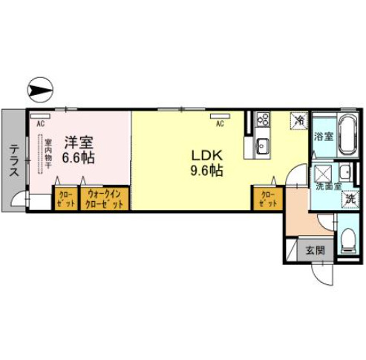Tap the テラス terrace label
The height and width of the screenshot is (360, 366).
click(14, 158)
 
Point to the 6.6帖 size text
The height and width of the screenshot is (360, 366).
click(78, 157)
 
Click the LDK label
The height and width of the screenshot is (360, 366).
click(206, 156)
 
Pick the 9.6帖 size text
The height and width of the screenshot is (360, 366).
click(207, 171)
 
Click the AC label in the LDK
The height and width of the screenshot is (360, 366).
click(220, 116)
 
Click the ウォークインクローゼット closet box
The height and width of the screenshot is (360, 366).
click(104, 198)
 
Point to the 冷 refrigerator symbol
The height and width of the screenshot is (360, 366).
click(299, 120)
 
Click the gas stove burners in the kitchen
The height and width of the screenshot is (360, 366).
click(262, 120)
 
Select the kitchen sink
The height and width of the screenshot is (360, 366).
click(264, 145)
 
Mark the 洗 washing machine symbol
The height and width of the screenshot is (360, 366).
click(349, 199)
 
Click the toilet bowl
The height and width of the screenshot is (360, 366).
click(349, 240)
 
